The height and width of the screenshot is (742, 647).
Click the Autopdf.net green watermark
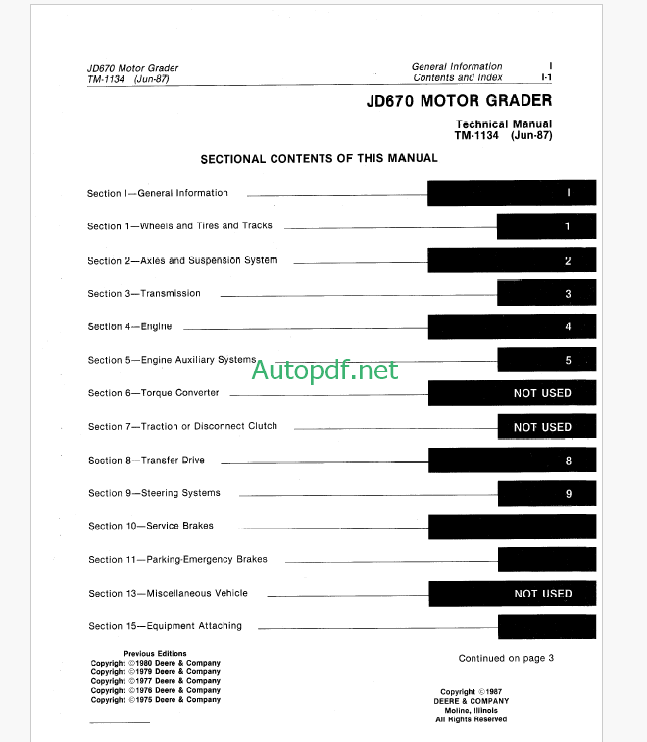[325, 371]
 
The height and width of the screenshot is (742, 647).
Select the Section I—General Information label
[158, 193]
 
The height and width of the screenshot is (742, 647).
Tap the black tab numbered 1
[546, 226]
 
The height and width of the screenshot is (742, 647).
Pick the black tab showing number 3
[546, 294]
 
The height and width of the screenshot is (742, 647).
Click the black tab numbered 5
[546, 361]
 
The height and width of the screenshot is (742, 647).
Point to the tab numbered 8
[512, 460]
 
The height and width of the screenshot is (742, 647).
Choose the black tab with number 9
[546, 494]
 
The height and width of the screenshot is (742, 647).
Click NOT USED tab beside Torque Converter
[512, 393]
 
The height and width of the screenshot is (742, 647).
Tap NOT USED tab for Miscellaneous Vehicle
[512, 594]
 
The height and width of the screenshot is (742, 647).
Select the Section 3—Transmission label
[144, 294]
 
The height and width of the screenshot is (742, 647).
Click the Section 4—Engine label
[129, 326]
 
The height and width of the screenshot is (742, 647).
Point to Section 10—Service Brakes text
[151, 526]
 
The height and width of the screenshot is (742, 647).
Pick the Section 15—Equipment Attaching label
[165, 626]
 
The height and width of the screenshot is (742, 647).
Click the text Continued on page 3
[506, 658]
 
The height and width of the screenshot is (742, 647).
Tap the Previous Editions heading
[155, 653]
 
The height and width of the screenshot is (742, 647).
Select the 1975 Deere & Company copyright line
[156, 700]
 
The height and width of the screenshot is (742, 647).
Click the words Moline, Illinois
[472, 710]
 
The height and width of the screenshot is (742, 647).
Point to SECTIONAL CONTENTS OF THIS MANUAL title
[320, 158]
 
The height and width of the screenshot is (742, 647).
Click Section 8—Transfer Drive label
[146, 460]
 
